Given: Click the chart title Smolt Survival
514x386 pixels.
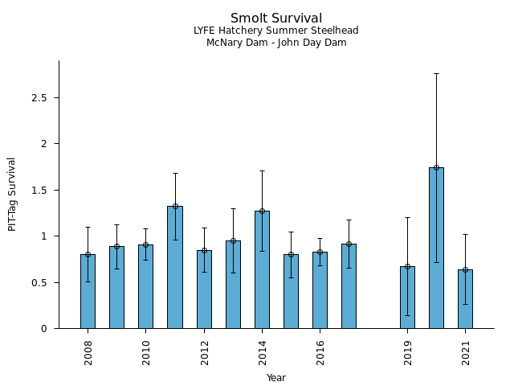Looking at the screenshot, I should (x=276, y=18).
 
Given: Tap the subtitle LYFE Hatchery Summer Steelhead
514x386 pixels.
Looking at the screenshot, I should (x=276, y=31).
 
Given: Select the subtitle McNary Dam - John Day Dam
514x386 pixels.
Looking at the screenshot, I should (x=276, y=43).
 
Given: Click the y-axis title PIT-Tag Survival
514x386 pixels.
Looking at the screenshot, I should (x=12, y=194).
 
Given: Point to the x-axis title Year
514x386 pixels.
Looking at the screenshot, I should (x=276, y=378).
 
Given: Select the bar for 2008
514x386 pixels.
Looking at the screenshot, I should (x=88, y=291).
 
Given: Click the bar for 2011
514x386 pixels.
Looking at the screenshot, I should (x=175, y=267).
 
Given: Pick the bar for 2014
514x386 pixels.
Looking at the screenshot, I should (x=262, y=269).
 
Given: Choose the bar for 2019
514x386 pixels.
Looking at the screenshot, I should (x=407, y=298).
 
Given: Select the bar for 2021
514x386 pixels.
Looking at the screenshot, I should (x=465, y=299).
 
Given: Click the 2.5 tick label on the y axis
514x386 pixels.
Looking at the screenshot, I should (x=39, y=97).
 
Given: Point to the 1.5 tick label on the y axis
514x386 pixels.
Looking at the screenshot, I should (x=39, y=190).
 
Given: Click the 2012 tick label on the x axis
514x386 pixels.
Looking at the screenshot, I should (x=204, y=351).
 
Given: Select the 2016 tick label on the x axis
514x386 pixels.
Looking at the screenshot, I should (x=320, y=351).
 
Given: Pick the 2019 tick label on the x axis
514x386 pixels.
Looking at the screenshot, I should (x=407, y=351).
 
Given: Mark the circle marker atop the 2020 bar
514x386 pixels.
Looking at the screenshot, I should (x=436, y=167).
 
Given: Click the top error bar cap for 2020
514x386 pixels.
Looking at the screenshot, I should (x=436, y=73).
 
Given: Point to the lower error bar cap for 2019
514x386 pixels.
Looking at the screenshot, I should (x=407, y=315).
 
